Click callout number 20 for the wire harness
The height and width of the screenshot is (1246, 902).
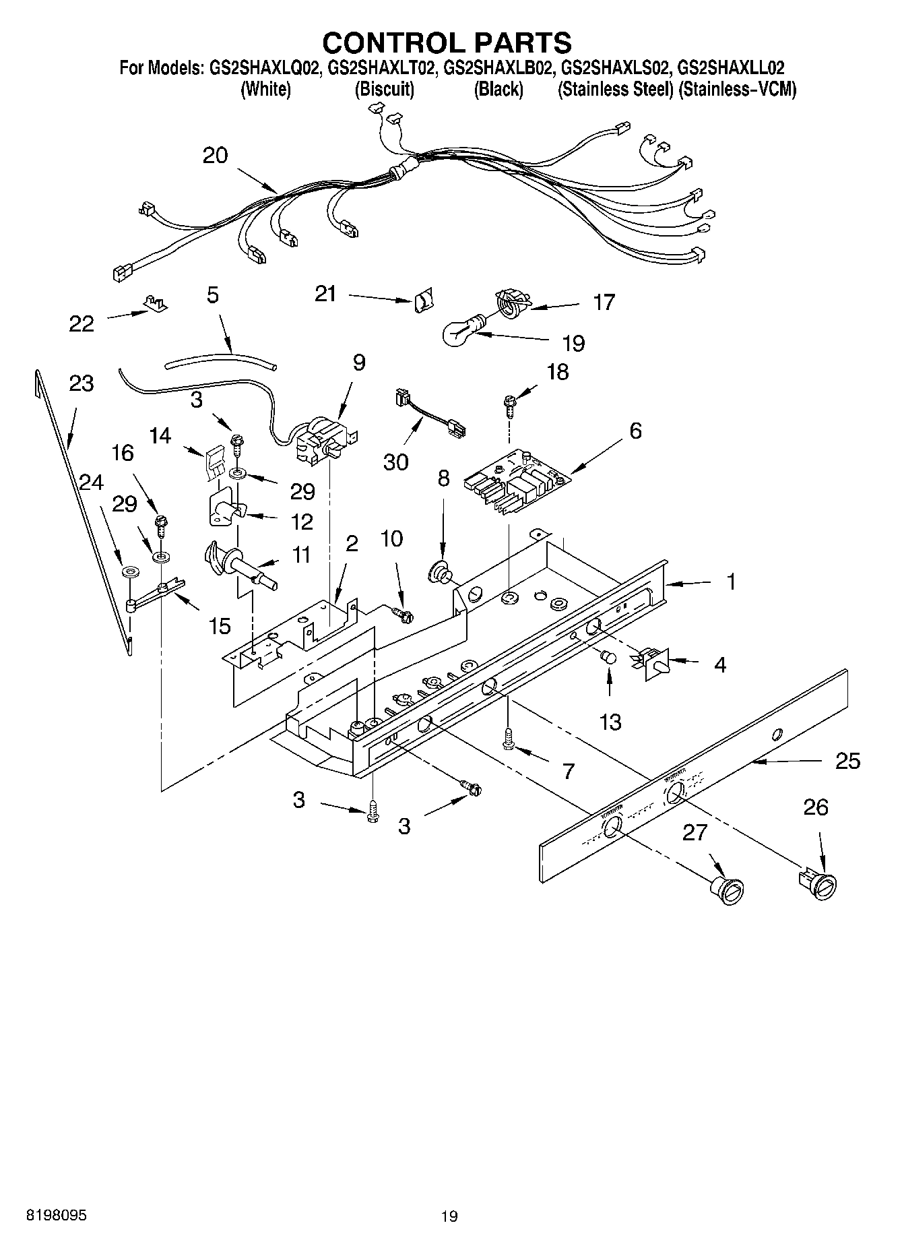pyautogui.click(x=215, y=156)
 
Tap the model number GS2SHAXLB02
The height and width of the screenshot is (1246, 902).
pyautogui.click(x=499, y=68)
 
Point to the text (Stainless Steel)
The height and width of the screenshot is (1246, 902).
pyautogui.click(x=615, y=90)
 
